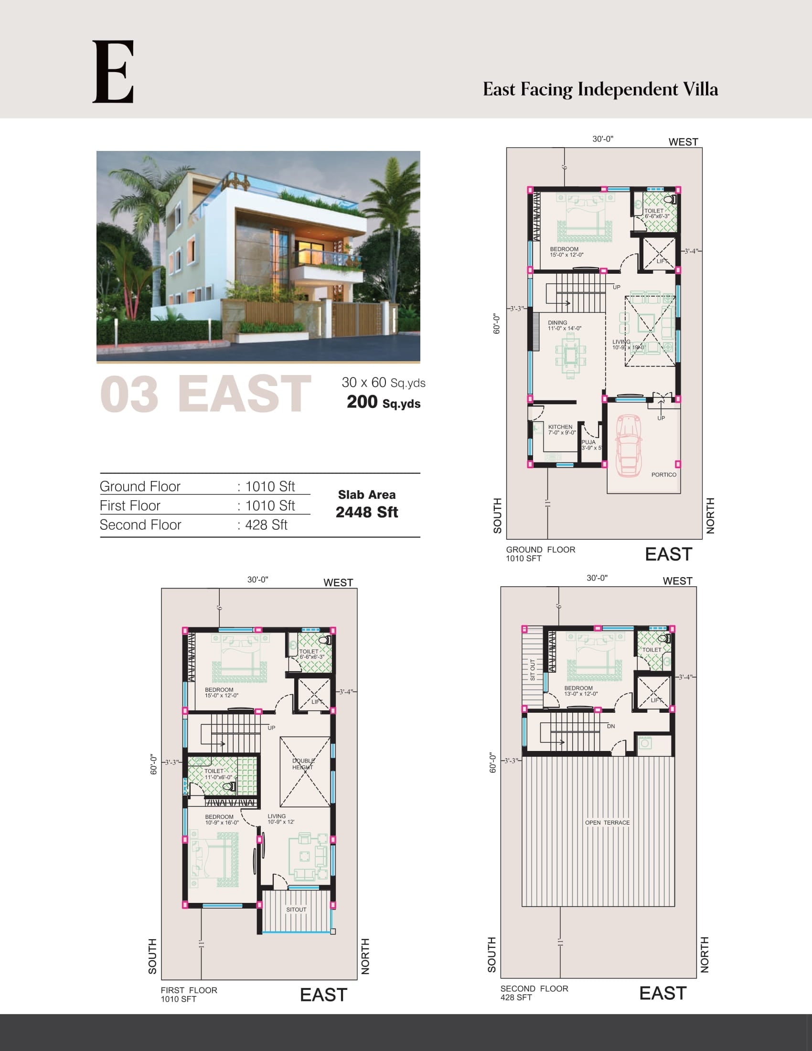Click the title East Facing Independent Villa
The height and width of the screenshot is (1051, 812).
pyautogui.click(x=600, y=89)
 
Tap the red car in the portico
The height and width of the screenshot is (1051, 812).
pyautogui.click(x=628, y=445)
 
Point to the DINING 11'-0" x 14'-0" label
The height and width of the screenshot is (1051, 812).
pyautogui.click(x=564, y=326)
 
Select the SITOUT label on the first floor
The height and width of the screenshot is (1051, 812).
pyautogui.click(x=296, y=910)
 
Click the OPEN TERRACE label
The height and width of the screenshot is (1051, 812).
pyautogui.click(x=607, y=823)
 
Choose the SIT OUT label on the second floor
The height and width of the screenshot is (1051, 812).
pyautogui.click(x=533, y=670)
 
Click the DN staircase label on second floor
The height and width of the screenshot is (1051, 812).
pyautogui.click(x=610, y=727)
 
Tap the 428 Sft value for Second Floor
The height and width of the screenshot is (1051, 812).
pyautogui.click(x=266, y=525)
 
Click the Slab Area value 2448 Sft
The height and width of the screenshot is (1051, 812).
pyautogui.click(x=366, y=513)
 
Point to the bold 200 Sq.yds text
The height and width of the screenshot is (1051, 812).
pyautogui.click(x=384, y=402)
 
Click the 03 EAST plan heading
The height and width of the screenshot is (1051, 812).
pyautogui.click(x=205, y=395)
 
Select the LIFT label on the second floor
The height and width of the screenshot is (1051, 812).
pyautogui.click(x=656, y=700)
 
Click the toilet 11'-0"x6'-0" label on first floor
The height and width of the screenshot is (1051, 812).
pyautogui.click(x=218, y=774)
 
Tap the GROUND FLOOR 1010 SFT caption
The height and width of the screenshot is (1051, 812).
pyautogui.click(x=540, y=554)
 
